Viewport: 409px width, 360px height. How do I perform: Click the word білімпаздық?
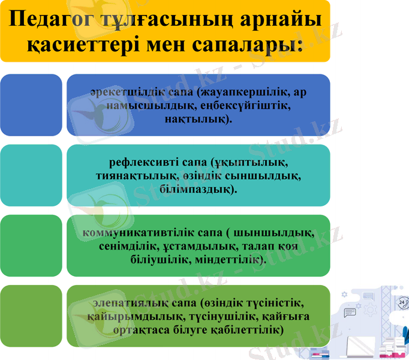tap(197, 189)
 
